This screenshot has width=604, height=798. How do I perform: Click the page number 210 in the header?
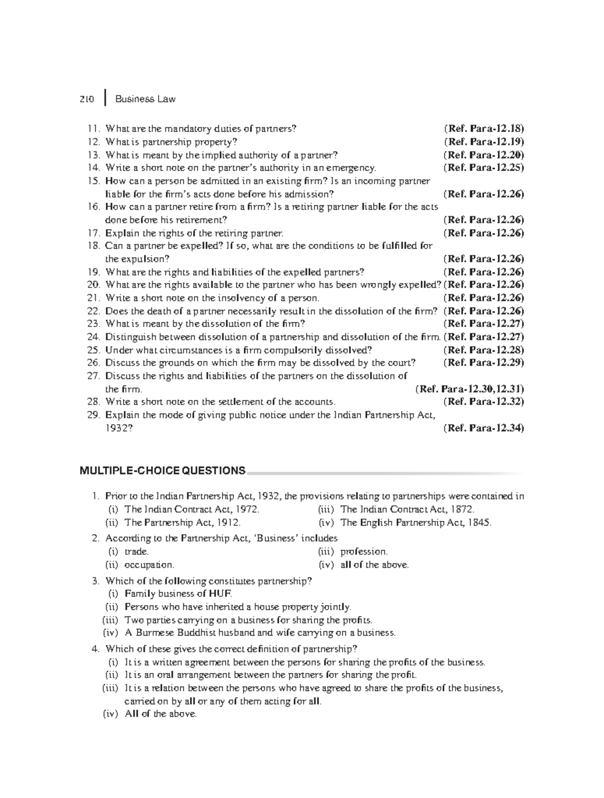click(87, 99)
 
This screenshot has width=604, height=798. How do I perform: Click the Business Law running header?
click(145, 99)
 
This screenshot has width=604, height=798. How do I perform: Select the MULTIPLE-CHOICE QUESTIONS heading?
click(163, 471)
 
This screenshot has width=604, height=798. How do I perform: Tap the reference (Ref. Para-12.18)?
click(484, 128)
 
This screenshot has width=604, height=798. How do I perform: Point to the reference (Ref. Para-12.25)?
click(484, 168)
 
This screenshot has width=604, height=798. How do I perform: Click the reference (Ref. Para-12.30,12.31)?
click(470, 389)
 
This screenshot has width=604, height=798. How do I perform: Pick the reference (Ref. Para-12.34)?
click(484, 428)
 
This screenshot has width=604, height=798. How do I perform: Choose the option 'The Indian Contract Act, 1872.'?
click(407, 509)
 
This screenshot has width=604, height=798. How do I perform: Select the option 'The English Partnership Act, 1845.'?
click(416, 522)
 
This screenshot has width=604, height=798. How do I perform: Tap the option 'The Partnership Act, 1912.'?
click(182, 522)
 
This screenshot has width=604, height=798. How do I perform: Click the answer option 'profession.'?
click(364, 552)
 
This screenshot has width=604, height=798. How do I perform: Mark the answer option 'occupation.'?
click(149, 565)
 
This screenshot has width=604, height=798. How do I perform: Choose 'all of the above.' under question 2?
click(374, 565)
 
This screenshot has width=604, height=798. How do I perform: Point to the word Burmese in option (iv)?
click(153, 633)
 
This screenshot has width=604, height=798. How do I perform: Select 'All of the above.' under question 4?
click(161, 714)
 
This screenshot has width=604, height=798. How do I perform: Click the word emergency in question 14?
click(350, 168)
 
